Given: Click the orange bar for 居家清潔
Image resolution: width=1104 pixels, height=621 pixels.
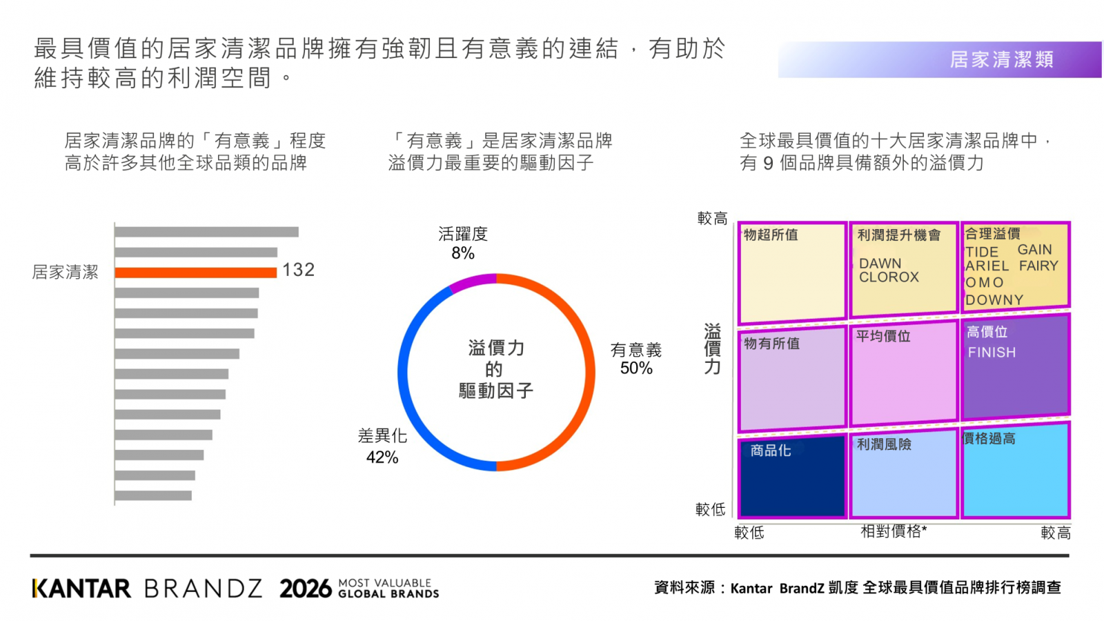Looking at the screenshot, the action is tap(196, 273).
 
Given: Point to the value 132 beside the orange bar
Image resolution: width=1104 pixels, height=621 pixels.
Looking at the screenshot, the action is tap(298, 270).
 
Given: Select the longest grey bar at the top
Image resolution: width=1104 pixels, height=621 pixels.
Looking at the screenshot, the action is tap(206, 232).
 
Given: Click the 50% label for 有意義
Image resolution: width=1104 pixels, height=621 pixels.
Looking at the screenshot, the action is tap(636, 368).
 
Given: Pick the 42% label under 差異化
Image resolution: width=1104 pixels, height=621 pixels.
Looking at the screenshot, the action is tap(382, 457).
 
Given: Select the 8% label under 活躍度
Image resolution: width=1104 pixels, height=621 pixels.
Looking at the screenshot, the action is tap(463, 253).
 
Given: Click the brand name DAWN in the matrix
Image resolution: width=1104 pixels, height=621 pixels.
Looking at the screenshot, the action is tap(880, 263).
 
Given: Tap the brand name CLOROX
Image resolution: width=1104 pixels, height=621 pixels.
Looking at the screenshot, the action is tap(889, 277).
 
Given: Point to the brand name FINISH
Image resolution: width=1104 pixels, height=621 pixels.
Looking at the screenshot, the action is tap(992, 353).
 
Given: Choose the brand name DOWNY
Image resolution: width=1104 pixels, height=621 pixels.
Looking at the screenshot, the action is tap(994, 299).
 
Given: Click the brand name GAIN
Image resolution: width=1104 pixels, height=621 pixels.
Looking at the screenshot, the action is tap(1035, 249).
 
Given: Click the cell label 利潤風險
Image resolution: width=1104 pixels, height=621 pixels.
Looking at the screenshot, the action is tap(884, 444).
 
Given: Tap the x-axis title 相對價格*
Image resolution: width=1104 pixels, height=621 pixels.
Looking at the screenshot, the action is tap(894, 531).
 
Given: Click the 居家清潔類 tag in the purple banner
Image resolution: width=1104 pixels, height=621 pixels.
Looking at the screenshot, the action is tap(1001, 59).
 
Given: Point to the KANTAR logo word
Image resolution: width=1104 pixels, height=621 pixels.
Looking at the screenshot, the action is tap(81, 589).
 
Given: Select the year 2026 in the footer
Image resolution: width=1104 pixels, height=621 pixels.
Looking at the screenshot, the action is tap(306, 589).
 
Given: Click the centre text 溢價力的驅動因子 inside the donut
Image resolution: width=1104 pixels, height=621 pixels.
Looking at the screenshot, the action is tap(496, 370).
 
